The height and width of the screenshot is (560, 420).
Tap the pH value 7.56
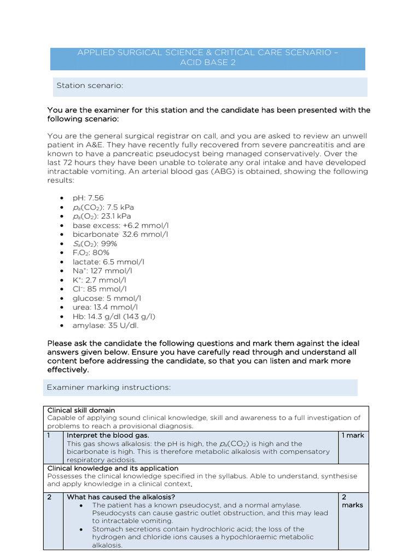click(x=96, y=198)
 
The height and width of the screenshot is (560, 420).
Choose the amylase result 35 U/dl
click(x=123, y=325)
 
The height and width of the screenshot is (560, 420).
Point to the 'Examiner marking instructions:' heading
click(x=109, y=387)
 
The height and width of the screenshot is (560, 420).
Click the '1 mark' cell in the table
click(x=352, y=435)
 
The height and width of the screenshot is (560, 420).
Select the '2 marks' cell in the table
click(x=352, y=501)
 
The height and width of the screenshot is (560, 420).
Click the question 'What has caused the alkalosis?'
click(x=121, y=497)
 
